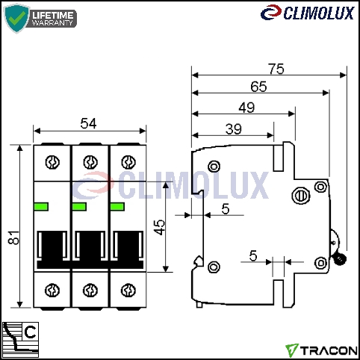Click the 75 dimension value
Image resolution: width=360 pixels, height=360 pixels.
[276, 69]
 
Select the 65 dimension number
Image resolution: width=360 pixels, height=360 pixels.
[258, 87]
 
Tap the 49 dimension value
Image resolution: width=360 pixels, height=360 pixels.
[246, 108]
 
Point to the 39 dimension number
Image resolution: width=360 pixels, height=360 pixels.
[233, 129]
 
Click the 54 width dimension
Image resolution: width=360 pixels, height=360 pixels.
[88, 123]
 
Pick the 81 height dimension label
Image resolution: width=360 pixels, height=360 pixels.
[14, 238]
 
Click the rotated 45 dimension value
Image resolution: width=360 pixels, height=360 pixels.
[159, 227]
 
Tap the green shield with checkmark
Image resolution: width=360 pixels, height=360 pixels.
[16, 18]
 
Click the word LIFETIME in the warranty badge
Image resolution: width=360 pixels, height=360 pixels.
[53, 15]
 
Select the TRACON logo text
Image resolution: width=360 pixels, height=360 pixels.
[329, 350]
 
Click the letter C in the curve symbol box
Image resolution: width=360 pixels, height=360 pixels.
[31, 332]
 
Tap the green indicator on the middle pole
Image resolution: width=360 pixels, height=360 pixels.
[79, 207]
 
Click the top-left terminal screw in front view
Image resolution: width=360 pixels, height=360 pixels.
[52, 162]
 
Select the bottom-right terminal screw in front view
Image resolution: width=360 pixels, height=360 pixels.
[128, 291]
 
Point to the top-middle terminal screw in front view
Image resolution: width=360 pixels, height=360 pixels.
[90, 162]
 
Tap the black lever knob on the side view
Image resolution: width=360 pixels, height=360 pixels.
[339, 259]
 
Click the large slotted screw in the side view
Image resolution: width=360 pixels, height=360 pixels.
[301, 196]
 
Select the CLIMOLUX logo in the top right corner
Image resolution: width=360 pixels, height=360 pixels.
[308, 13]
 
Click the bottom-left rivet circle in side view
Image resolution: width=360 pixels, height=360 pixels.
[214, 267]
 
